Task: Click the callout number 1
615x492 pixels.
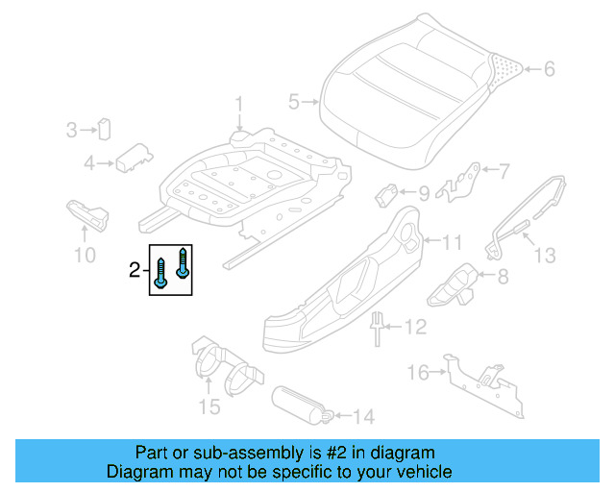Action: [x=240, y=105]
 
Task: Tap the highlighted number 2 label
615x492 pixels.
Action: [x=135, y=272]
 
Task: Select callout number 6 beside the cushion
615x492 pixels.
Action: [x=550, y=69]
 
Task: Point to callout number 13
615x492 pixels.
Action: [x=546, y=255]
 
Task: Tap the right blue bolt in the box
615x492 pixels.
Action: [x=182, y=261]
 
